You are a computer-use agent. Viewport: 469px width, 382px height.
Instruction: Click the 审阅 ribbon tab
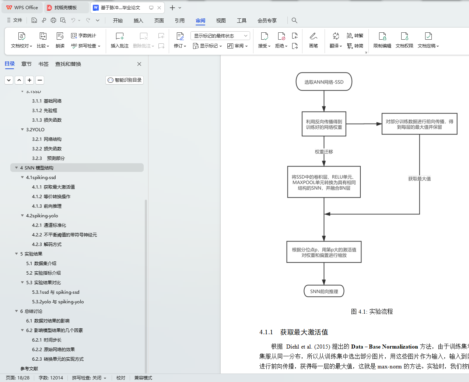(x=200, y=21)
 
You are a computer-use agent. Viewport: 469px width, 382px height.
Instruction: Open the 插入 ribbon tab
(x=138, y=21)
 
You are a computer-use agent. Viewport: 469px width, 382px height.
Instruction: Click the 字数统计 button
(x=84, y=36)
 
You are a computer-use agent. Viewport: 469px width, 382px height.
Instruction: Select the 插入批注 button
(x=120, y=40)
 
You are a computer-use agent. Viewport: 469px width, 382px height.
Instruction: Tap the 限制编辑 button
(x=382, y=40)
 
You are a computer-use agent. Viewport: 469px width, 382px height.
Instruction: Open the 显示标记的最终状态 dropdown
(x=220, y=36)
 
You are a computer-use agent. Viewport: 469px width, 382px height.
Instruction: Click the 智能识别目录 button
(x=125, y=80)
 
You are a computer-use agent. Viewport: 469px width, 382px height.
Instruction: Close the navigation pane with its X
(x=139, y=64)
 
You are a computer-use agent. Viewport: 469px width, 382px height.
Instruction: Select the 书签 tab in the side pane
(x=43, y=64)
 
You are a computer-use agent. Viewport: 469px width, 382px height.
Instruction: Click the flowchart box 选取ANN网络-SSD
(x=324, y=82)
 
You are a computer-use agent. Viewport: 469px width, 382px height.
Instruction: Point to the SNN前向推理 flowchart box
(x=324, y=292)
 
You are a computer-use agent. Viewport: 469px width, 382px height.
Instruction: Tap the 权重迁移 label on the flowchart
(x=324, y=152)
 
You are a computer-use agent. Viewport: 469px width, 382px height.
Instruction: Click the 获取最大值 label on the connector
(x=419, y=179)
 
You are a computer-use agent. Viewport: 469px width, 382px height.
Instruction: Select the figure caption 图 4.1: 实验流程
(x=372, y=312)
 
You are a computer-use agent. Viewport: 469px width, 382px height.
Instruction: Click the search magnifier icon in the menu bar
(x=294, y=21)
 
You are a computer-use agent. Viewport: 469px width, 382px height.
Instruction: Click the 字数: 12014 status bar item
(x=51, y=378)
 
